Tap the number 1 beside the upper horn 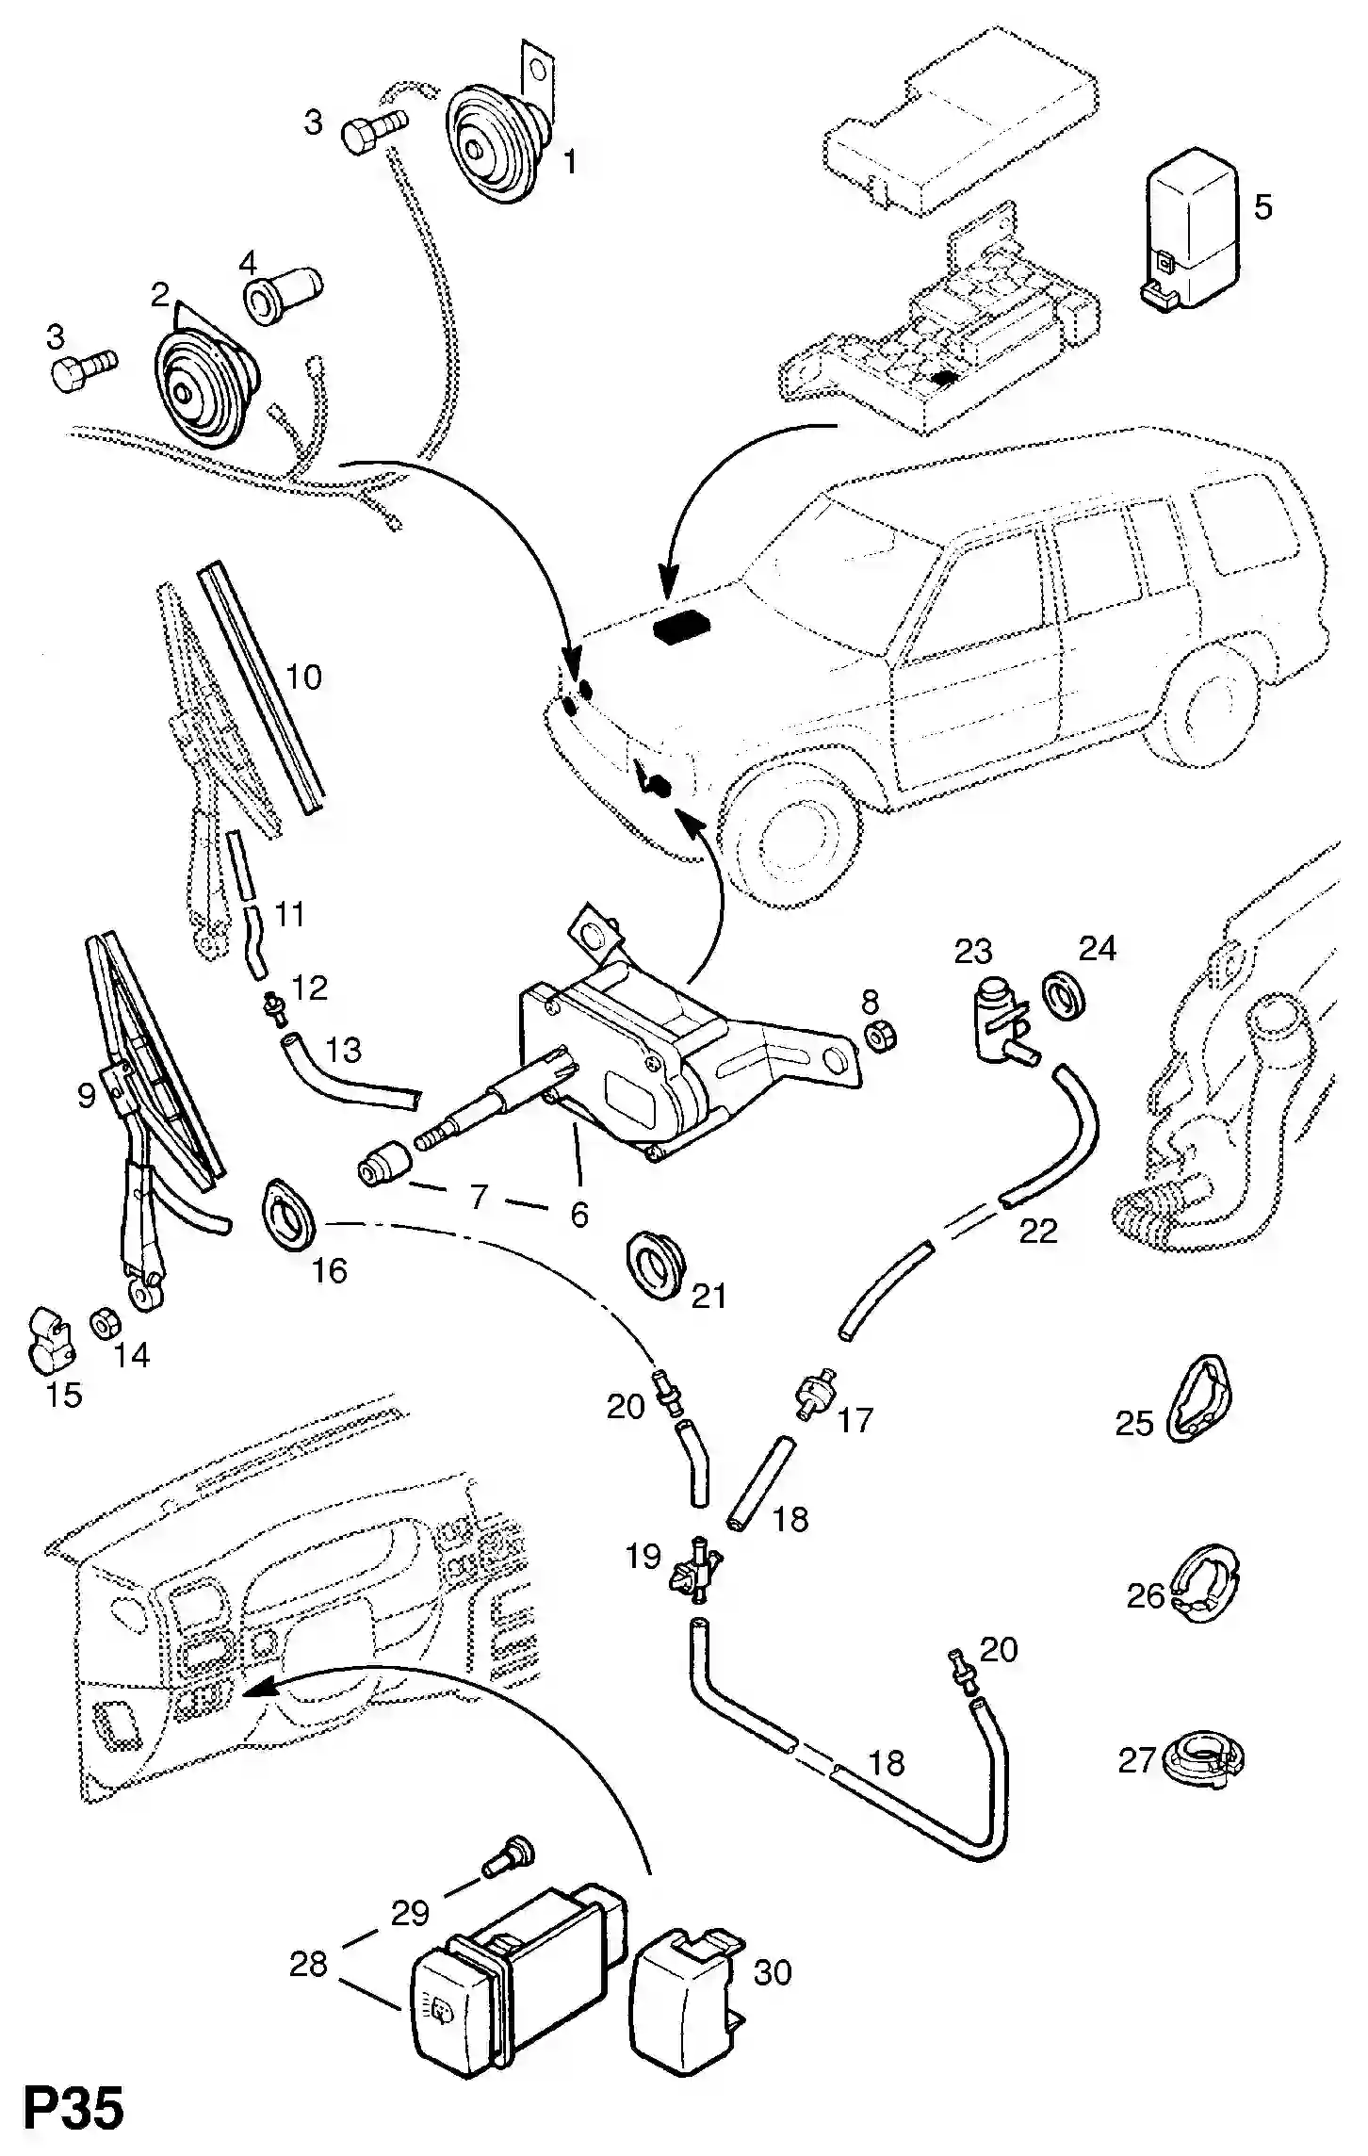coord(569,162)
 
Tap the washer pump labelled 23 coord(998,1021)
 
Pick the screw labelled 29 coord(507,1857)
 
